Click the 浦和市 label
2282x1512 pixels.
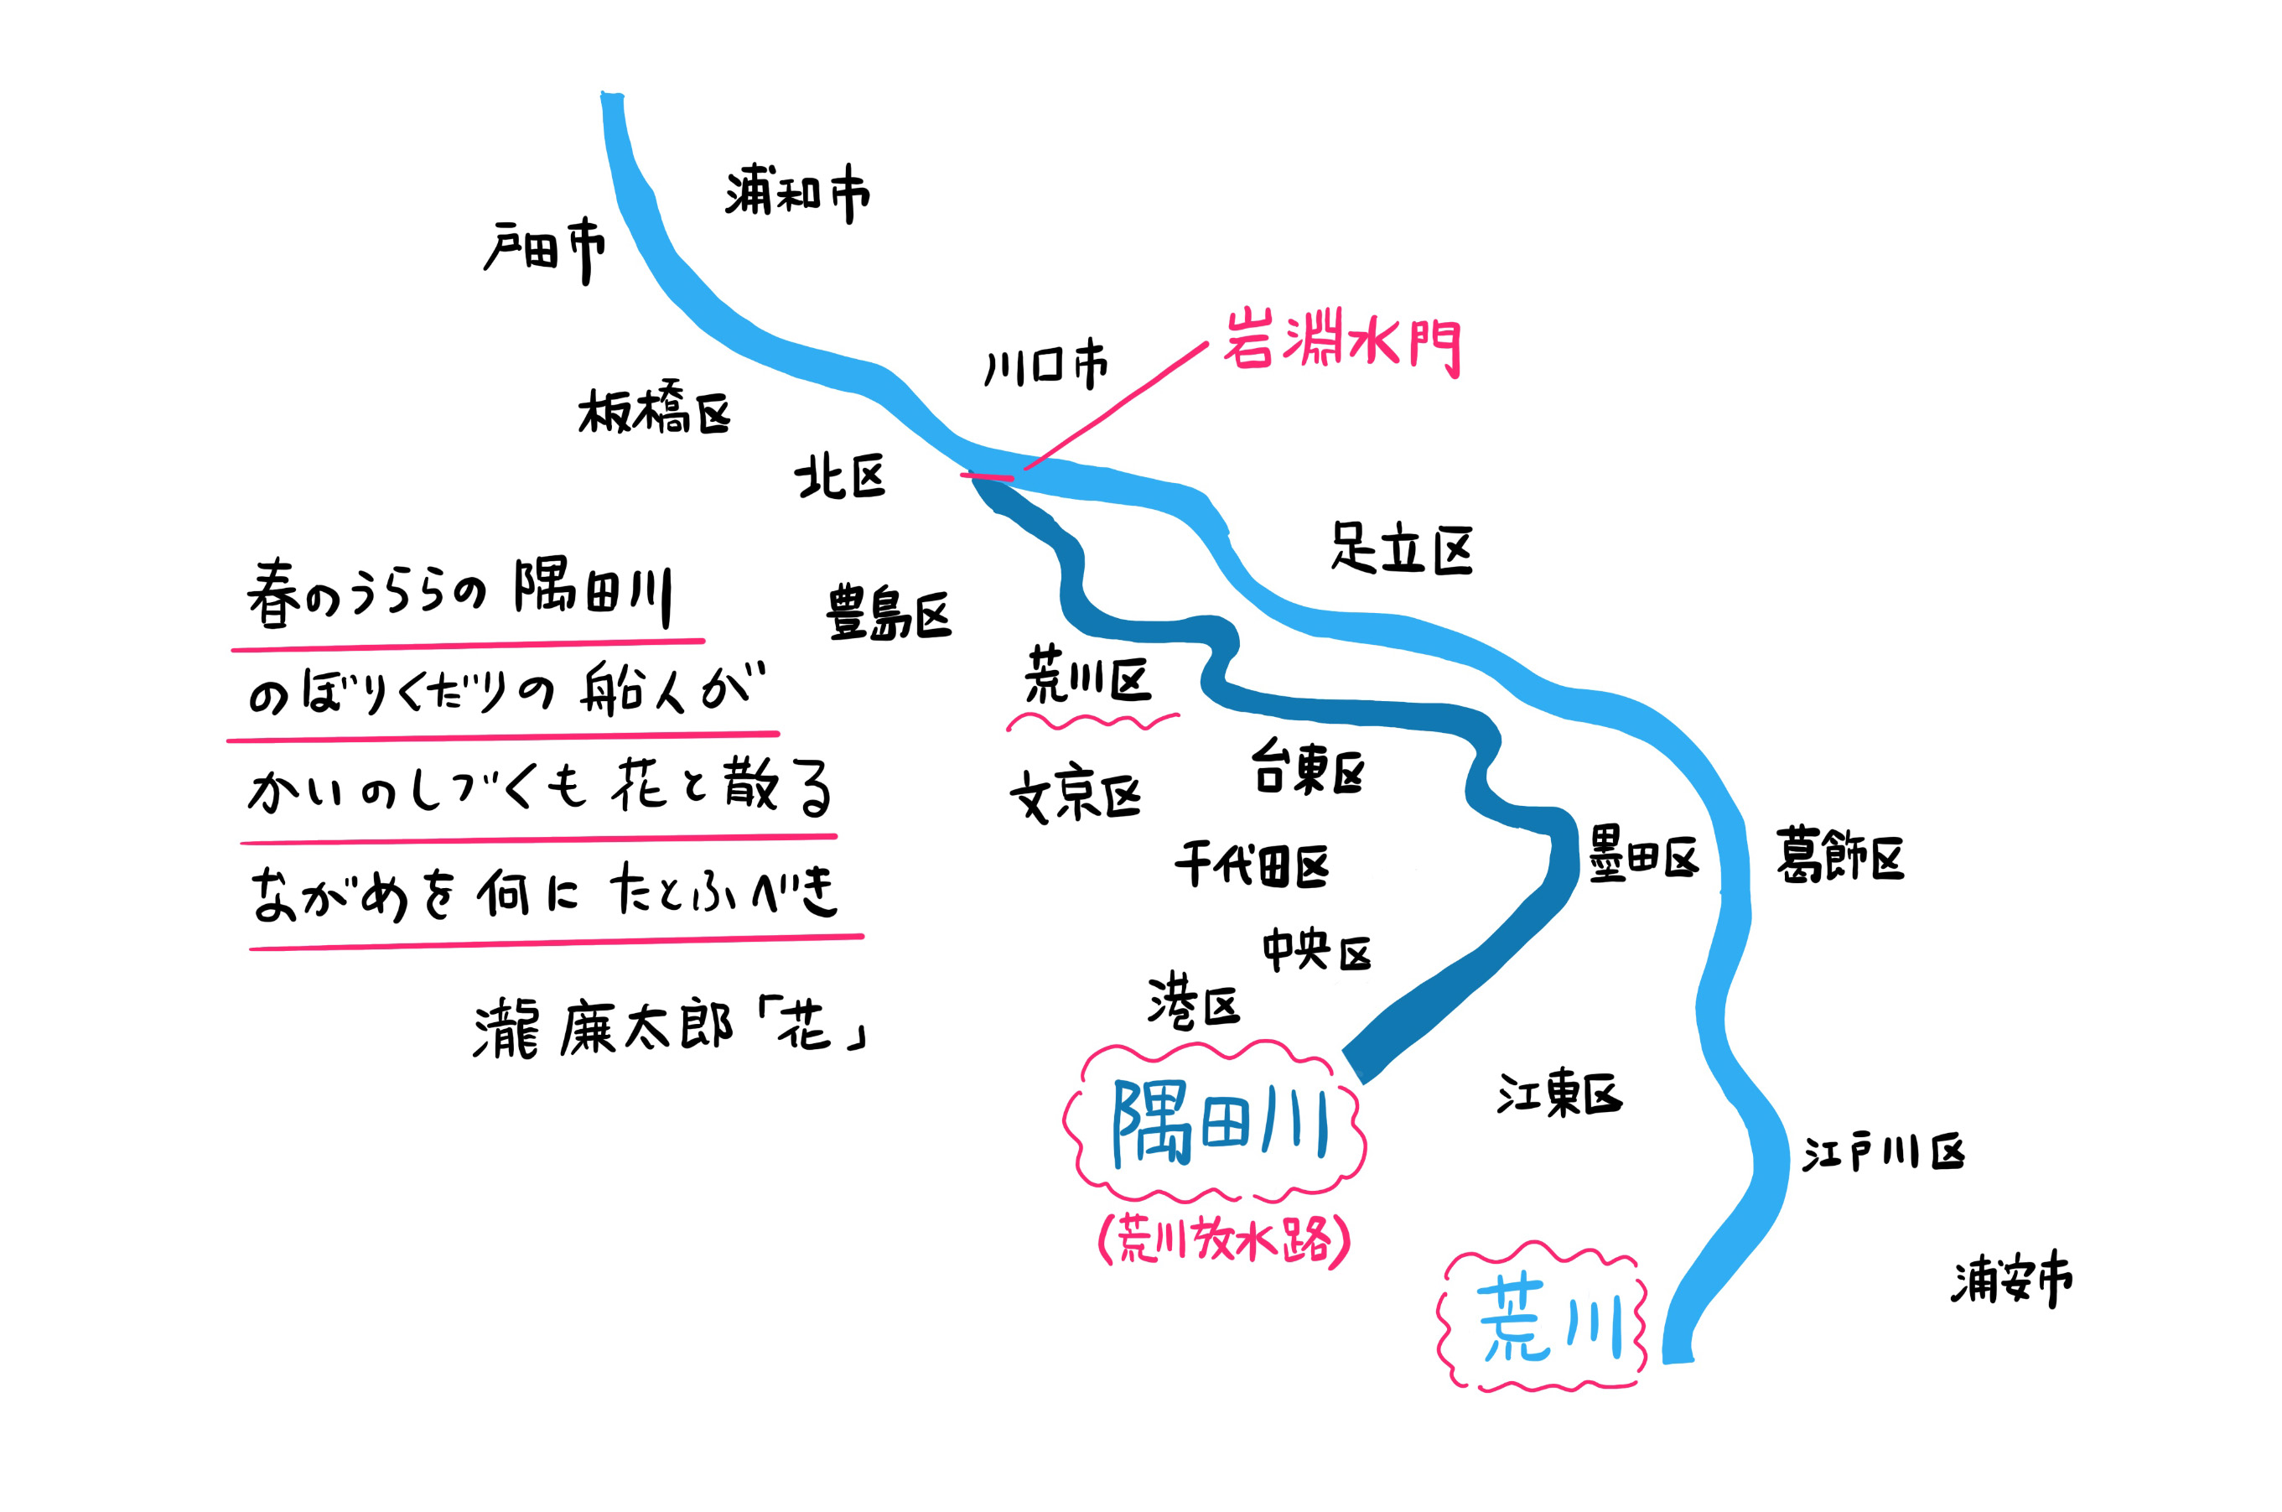pyautogui.click(x=796, y=193)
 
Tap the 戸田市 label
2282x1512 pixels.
pyautogui.click(x=545, y=251)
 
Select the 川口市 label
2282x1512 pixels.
pyautogui.click(x=1046, y=365)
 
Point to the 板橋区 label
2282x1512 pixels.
pyautogui.click(x=655, y=410)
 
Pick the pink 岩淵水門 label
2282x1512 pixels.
pyautogui.click(x=1342, y=342)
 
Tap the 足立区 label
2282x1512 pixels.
pyautogui.click(x=1402, y=548)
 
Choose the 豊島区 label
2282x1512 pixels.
pyautogui.click(x=888, y=612)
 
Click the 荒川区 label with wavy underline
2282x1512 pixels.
pyautogui.click(x=1088, y=678)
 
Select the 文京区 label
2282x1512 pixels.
pyautogui.click(x=1075, y=797)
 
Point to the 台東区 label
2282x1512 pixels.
pyautogui.click(x=1309, y=768)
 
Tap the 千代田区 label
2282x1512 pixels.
pyautogui.click(x=1252, y=864)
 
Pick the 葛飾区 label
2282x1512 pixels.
pyautogui.click(x=1839, y=855)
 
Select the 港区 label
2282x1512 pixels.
pyautogui.click(x=1194, y=1003)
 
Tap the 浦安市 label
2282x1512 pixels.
pyautogui.click(x=2012, y=1280)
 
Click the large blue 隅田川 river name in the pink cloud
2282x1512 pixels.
pyautogui.click(x=1221, y=1125)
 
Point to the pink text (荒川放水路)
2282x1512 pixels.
pyautogui.click(x=1224, y=1240)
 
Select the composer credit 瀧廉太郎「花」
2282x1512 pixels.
pyautogui.click(x=669, y=1030)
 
